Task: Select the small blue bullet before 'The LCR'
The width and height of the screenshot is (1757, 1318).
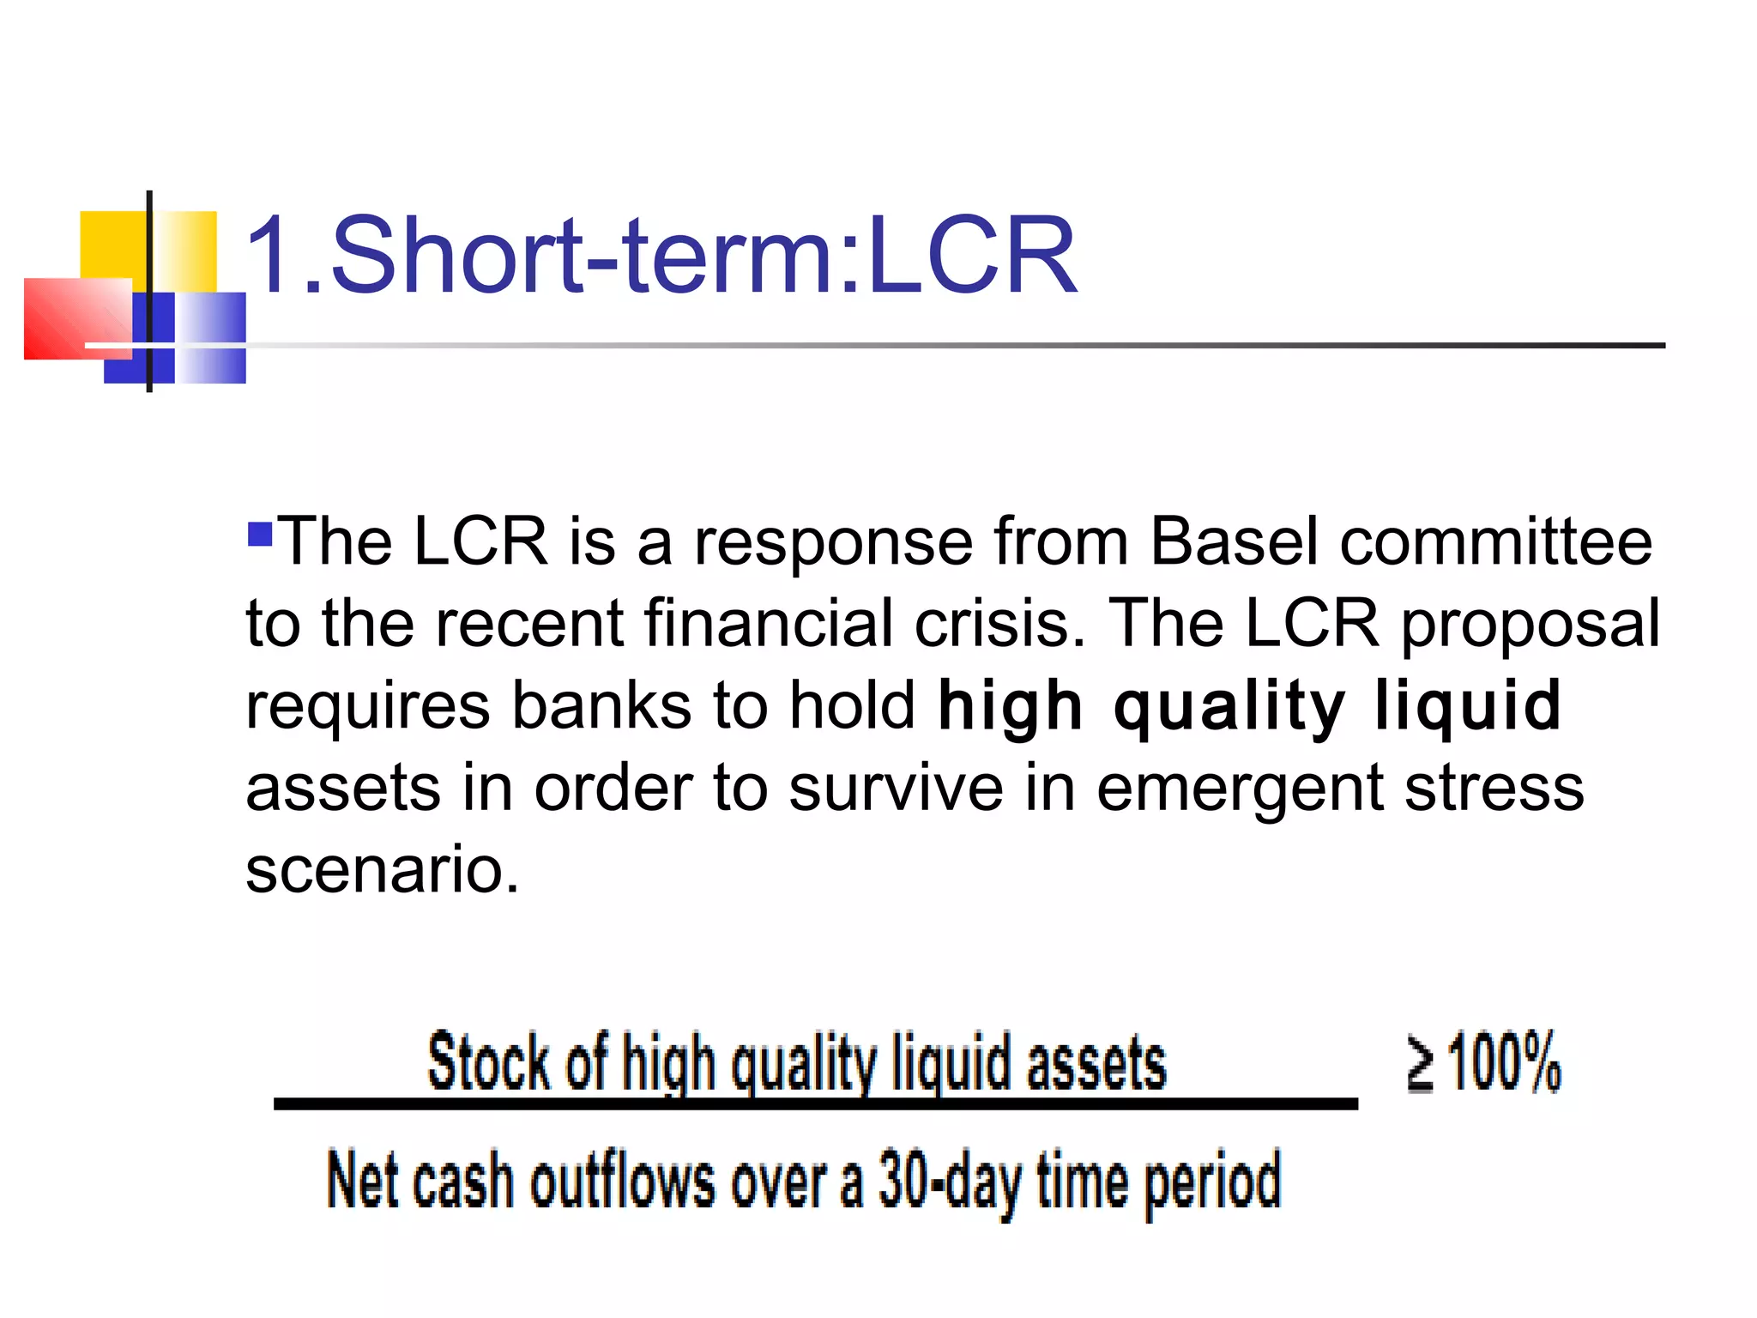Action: tap(259, 535)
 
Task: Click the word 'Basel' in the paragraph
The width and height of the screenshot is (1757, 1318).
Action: tap(1233, 542)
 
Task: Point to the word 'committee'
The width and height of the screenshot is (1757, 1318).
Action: tap(1495, 542)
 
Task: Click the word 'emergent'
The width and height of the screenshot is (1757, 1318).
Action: tap(1240, 789)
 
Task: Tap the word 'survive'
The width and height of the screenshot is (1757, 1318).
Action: tap(896, 788)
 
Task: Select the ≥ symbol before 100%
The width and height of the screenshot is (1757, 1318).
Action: tap(1421, 1064)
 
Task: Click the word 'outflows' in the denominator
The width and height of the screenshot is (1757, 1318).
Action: tap(622, 1182)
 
